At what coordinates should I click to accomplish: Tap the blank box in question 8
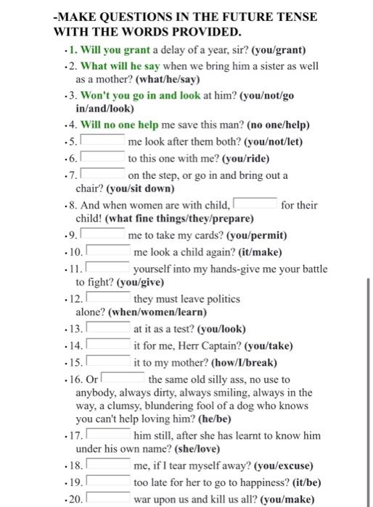coord(254,205)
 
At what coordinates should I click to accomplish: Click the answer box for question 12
coord(109,298)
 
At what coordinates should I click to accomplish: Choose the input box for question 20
coord(109,498)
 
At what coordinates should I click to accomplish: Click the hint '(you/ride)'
coord(246,159)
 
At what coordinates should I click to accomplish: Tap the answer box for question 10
coord(109,252)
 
